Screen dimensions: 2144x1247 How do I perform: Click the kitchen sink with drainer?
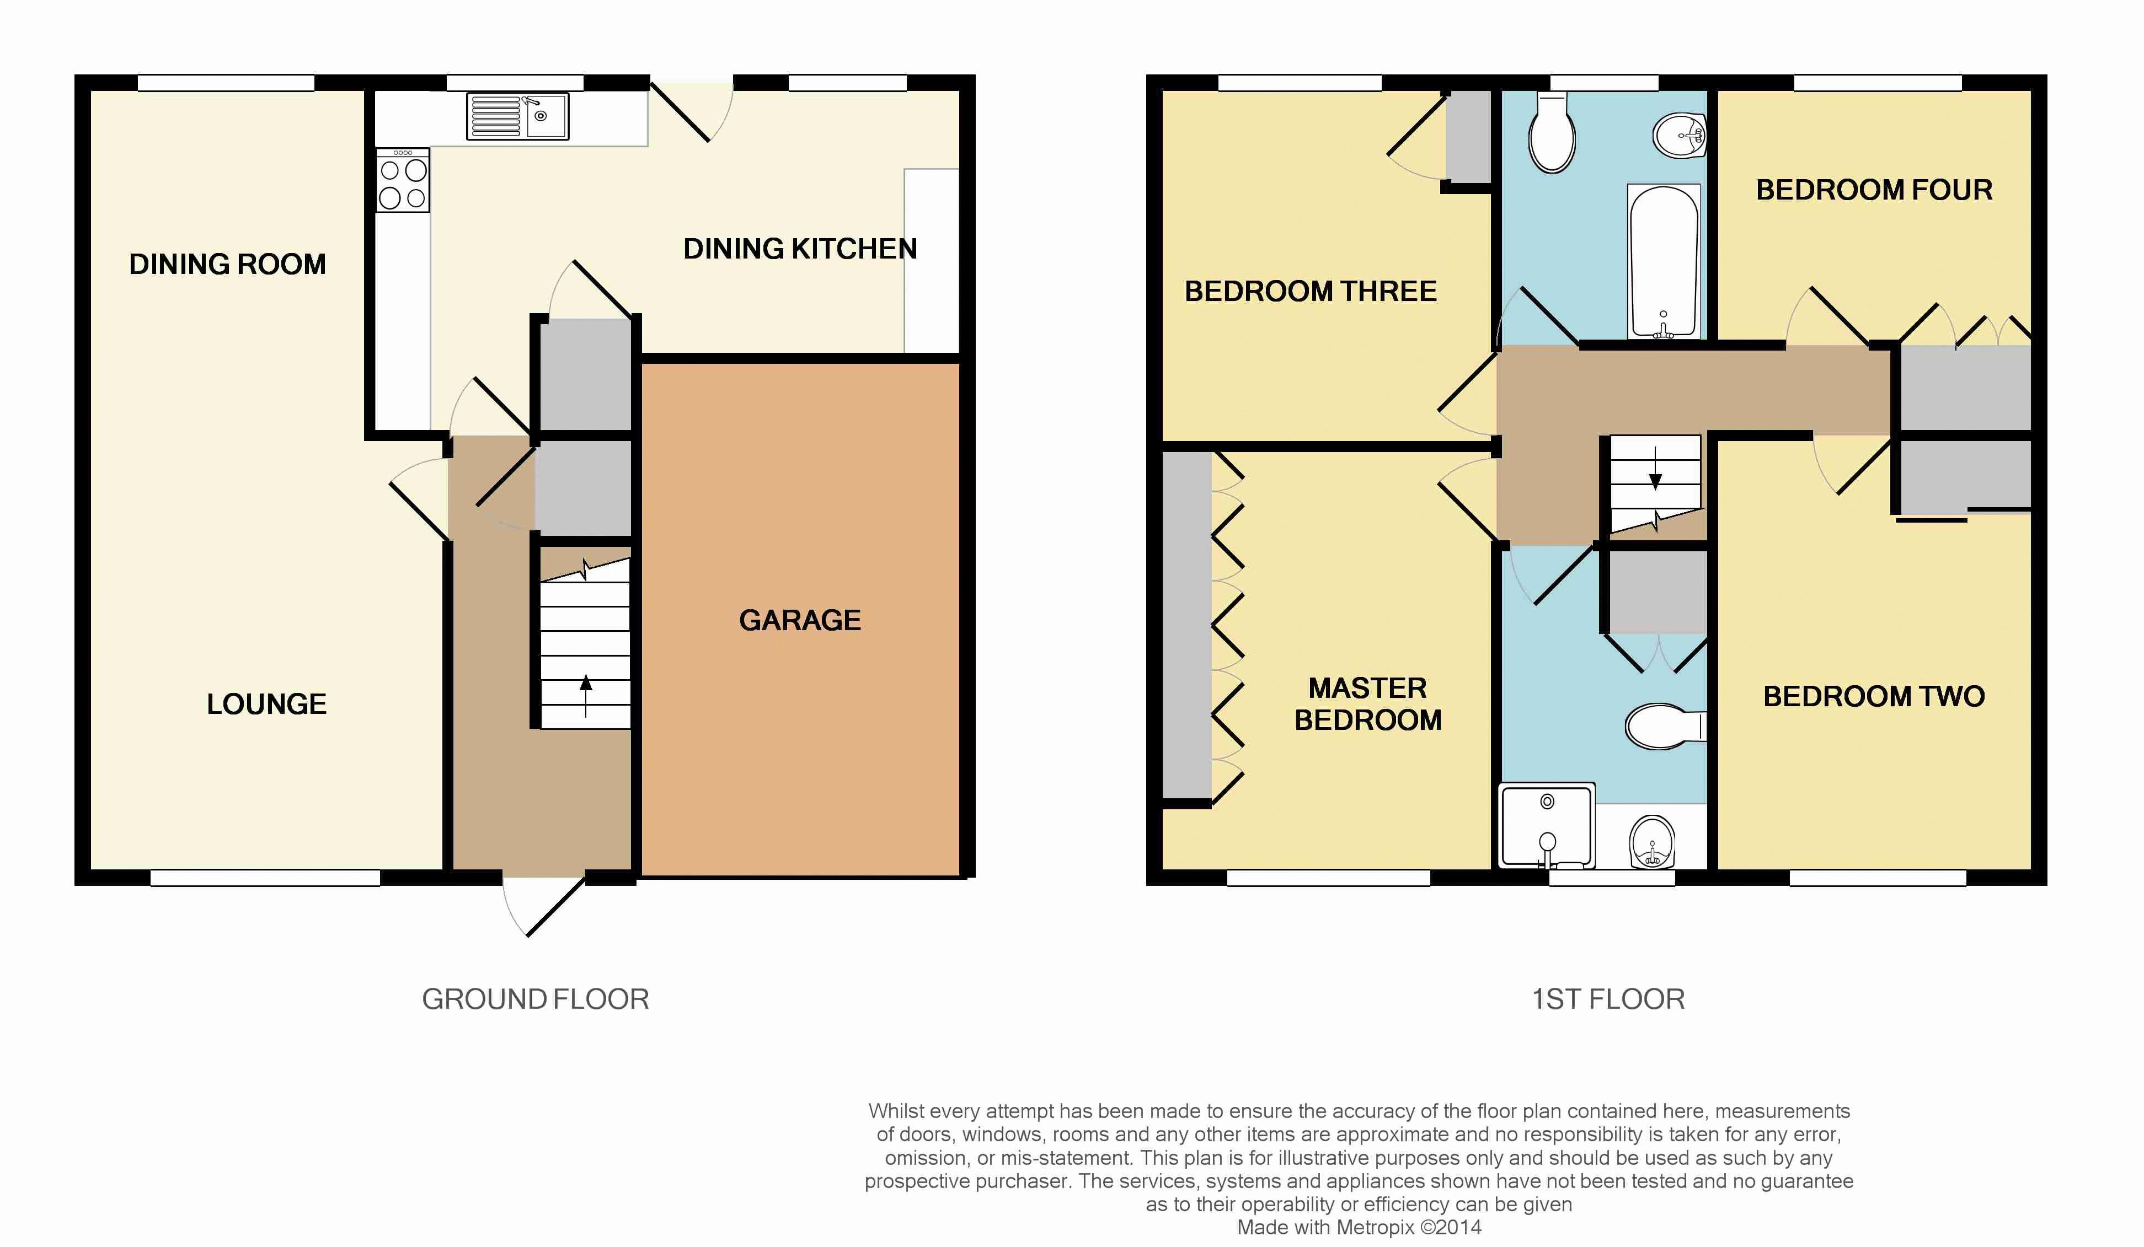click(x=517, y=116)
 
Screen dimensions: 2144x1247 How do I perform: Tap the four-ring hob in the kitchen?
click(x=403, y=180)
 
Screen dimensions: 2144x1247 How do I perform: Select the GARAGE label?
click(x=800, y=620)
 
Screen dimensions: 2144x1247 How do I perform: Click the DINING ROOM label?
click(x=227, y=265)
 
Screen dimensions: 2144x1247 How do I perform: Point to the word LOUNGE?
click(x=266, y=705)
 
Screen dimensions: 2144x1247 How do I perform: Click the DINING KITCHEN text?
click(x=800, y=249)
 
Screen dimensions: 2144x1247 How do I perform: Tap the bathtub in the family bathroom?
click(x=1664, y=262)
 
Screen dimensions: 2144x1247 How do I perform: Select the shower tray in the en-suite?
click(x=1547, y=825)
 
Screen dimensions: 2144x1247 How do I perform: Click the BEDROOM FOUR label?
click(x=1874, y=190)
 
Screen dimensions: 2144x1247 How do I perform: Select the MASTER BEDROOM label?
click(x=1368, y=703)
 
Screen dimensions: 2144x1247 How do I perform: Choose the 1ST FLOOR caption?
click(x=1608, y=998)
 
